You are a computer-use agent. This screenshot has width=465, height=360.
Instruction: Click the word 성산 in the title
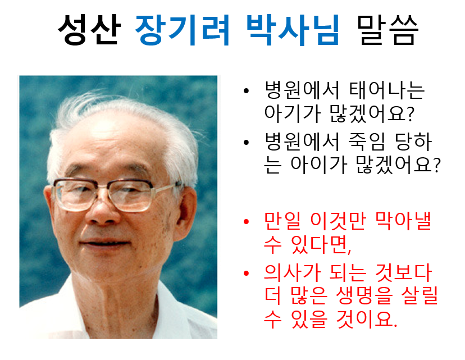point(89,30)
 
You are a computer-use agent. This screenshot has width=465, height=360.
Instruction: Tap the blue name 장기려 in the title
point(183,30)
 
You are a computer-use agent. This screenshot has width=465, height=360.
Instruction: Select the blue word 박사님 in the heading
point(293,30)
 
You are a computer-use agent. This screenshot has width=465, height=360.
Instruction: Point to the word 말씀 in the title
point(388,30)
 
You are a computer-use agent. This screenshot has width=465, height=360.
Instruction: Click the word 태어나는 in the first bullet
point(387,90)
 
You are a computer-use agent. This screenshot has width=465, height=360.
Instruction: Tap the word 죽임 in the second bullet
point(367,142)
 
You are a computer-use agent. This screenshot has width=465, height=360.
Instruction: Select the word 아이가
point(318,164)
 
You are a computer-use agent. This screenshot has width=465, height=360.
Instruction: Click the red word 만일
point(282,221)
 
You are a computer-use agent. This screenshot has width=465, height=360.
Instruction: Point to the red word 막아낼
point(403,221)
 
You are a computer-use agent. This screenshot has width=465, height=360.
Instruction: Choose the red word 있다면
point(321,244)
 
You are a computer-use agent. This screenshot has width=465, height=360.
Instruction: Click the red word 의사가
point(293,272)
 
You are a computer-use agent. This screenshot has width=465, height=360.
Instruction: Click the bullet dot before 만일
point(246,221)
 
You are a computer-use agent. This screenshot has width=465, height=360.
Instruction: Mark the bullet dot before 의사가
point(246,273)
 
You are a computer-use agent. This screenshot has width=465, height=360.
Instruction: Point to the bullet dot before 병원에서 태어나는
point(246,91)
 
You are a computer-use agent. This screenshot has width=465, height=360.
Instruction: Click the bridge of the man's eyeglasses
point(102,186)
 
